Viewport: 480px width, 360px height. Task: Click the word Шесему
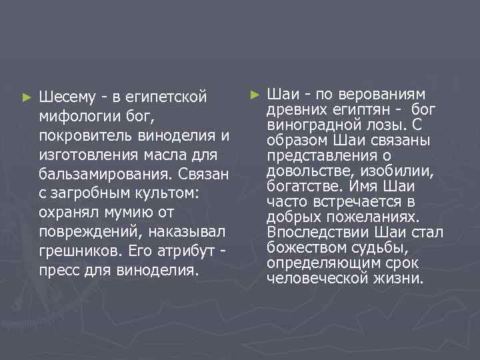pyautogui.click(x=67, y=97)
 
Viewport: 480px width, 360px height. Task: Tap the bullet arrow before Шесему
pyautogui.click(x=26, y=97)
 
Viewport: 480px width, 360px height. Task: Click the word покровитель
pyautogui.click(x=85, y=136)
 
